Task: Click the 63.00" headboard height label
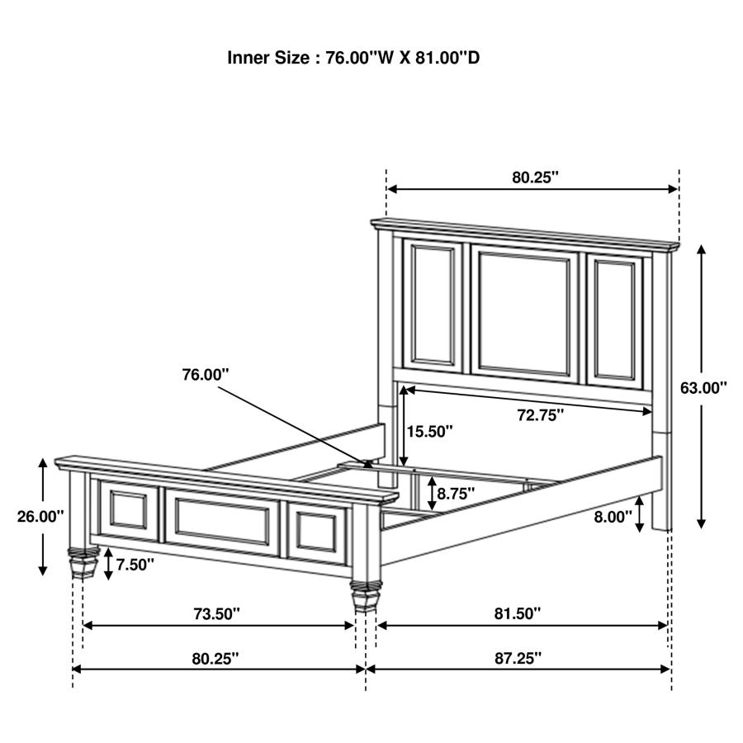pos(703,387)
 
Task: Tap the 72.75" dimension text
pos(541,414)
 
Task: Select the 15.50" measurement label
pos(429,431)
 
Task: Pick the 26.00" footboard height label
pos(40,517)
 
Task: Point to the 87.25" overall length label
pos(518,658)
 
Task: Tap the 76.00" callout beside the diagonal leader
pos(206,374)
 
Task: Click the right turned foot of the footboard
pos(363,596)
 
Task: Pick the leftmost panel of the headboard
pos(432,303)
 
